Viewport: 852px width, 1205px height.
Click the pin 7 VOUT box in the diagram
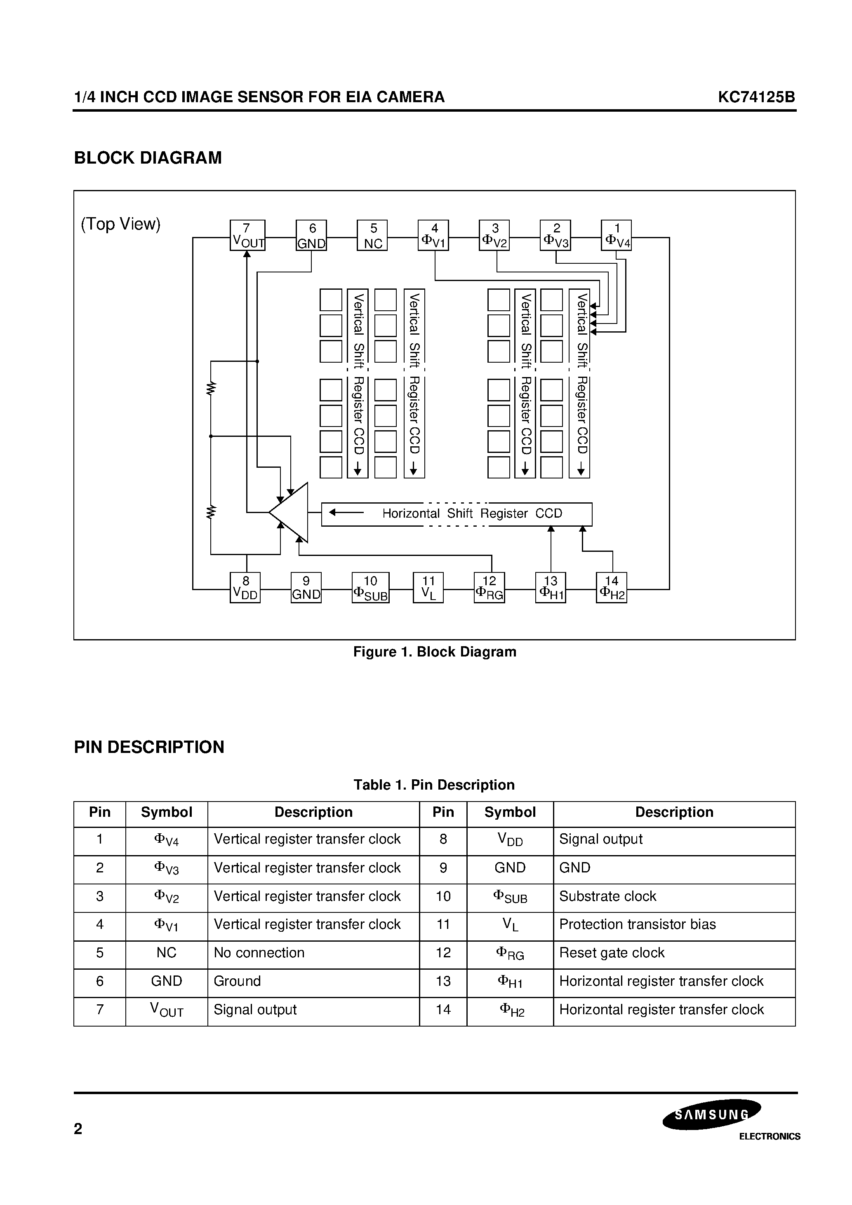click(x=247, y=235)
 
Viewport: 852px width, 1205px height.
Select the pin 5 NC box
click(x=372, y=235)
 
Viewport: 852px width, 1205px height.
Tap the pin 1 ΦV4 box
click(x=616, y=235)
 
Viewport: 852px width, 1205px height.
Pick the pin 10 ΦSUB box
click(x=370, y=588)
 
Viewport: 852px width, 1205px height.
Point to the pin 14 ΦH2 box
click(x=612, y=588)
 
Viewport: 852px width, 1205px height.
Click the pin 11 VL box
click(x=428, y=588)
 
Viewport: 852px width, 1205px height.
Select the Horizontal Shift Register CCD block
click(x=457, y=514)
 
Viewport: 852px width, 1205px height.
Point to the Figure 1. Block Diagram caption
click(x=434, y=652)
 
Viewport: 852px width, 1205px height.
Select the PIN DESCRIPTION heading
click(x=149, y=747)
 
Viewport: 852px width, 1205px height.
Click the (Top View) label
click(x=121, y=224)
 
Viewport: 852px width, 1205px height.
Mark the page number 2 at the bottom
click(x=78, y=1129)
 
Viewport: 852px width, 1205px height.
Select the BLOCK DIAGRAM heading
click(x=148, y=158)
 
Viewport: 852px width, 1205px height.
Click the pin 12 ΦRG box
click(x=489, y=588)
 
